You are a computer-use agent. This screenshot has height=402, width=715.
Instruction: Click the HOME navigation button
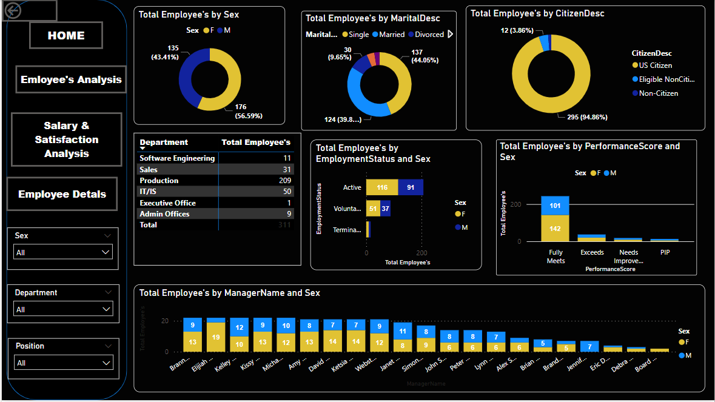(x=66, y=35)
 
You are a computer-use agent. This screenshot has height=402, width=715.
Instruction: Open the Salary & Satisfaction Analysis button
(x=67, y=139)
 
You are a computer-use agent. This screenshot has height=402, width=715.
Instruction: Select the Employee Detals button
(x=62, y=194)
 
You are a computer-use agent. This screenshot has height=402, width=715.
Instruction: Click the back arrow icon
(x=12, y=10)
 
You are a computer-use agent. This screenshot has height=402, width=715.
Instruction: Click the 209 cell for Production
(x=284, y=181)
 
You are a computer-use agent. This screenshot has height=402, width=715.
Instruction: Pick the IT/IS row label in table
(x=149, y=192)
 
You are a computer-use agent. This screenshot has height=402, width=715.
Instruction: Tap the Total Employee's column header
(x=256, y=142)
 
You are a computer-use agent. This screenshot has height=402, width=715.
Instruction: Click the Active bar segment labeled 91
(x=411, y=187)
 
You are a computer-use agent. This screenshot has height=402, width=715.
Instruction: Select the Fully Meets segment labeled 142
(x=556, y=229)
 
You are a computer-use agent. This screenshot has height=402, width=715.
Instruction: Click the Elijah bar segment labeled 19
(x=216, y=337)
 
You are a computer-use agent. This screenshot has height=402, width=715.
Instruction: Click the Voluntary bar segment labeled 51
(x=373, y=209)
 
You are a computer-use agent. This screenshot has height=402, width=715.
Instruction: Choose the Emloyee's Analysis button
(x=71, y=79)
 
